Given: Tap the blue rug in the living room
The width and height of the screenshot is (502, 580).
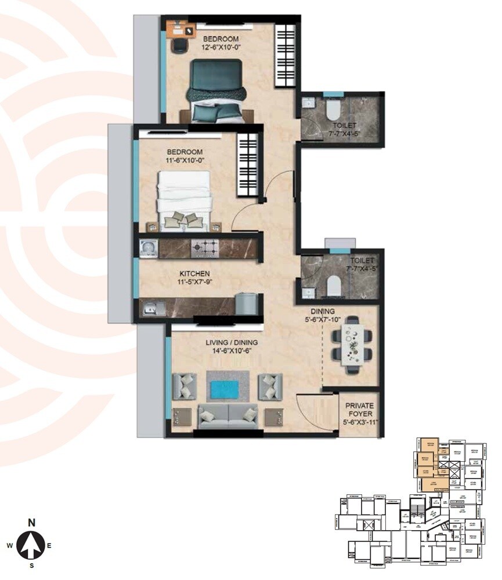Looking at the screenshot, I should coord(227,389).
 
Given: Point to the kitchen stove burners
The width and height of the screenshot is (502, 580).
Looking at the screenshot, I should coord(205,248).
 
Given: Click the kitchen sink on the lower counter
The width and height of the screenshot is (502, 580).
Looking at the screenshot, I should coord(151,309).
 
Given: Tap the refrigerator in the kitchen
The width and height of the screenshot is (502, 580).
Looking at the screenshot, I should coord(247,304).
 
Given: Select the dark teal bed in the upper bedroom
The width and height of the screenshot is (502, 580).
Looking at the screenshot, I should coord(215,90).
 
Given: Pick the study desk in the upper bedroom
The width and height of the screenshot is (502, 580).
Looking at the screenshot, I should coord(178,29).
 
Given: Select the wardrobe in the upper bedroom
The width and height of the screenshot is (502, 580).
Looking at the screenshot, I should coord(285,56).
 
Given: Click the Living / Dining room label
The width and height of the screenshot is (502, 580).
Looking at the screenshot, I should coord(232,342).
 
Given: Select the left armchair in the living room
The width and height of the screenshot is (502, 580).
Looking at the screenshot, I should coord(184,386).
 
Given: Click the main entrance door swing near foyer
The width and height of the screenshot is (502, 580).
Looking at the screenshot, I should coord(313,408).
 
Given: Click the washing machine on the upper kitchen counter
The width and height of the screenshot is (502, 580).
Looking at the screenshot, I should coord(149,248).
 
